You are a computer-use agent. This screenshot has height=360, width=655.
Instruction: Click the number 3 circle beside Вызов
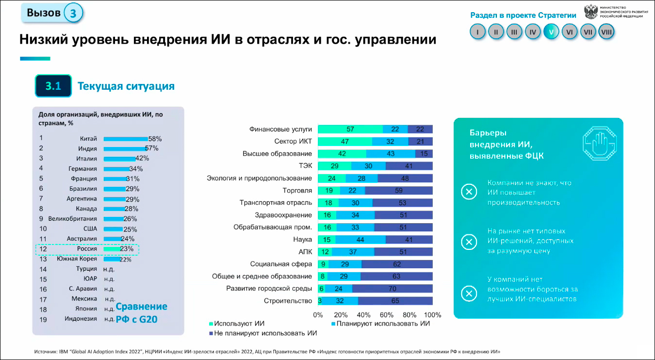[73, 13]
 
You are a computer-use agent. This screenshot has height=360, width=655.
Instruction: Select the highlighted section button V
[551, 32]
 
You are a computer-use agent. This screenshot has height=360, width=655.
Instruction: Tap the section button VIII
[606, 32]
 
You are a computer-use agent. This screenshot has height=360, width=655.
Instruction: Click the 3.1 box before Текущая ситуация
[53, 86]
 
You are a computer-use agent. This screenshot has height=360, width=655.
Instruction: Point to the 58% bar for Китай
[126, 139]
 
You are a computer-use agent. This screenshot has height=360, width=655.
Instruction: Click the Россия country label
[87, 249]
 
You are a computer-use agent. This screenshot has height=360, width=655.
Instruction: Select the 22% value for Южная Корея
[125, 260]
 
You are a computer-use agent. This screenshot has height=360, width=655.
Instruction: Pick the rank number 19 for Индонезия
[43, 319]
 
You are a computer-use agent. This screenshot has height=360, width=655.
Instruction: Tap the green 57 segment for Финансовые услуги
[350, 129]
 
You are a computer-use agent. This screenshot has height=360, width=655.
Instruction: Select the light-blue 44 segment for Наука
[360, 240]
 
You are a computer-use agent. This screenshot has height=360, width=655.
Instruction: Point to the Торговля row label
[297, 191]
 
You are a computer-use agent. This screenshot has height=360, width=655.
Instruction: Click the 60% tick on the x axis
[387, 314]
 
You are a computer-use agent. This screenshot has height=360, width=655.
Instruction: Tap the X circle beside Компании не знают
[469, 193]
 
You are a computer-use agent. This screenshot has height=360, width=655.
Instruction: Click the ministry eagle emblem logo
[590, 12]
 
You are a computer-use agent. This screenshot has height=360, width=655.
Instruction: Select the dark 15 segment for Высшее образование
[424, 154]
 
